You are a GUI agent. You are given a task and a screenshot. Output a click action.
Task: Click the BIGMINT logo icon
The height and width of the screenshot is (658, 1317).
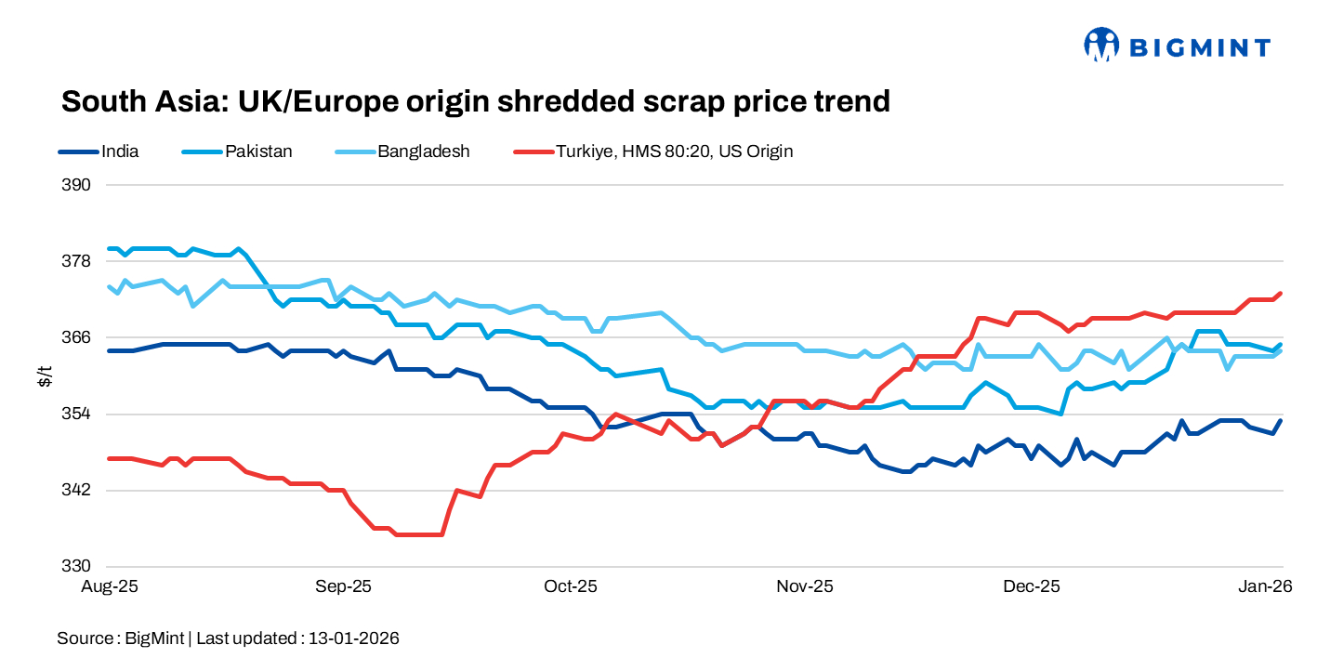click(x=1101, y=45)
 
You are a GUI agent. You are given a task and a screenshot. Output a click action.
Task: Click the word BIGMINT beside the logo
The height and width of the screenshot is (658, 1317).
click(x=1199, y=46)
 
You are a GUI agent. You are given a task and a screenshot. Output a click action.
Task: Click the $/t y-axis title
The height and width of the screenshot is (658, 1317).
click(x=44, y=375)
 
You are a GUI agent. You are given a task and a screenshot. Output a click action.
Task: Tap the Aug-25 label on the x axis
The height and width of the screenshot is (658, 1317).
click(x=110, y=587)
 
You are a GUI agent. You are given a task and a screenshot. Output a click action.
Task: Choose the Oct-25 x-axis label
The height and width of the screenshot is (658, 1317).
click(x=571, y=587)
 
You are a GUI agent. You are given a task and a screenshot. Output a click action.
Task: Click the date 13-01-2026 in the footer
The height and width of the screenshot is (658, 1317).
click(x=354, y=638)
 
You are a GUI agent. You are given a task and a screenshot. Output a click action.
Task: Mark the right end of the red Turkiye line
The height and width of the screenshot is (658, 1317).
click(x=1281, y=294)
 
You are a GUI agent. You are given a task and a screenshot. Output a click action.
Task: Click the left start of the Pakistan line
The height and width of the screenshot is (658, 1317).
click(x=110, y=248)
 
